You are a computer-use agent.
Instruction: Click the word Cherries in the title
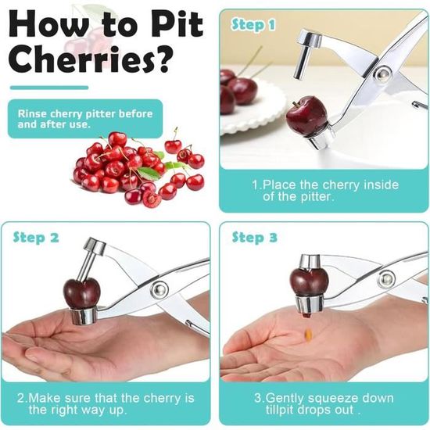point(81,59)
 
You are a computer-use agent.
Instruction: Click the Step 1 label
point(253,25)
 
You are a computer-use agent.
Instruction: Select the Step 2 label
point(36,238)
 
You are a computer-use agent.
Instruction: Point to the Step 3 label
point(255,237)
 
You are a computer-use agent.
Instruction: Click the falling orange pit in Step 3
point(309,334)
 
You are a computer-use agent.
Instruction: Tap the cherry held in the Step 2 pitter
point(82,292)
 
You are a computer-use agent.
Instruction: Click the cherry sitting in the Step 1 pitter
point(306,115)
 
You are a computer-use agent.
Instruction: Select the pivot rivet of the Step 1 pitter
point(382,73)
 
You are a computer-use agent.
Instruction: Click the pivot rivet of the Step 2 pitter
point(159,289)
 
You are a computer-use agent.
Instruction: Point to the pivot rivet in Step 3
point(387,279)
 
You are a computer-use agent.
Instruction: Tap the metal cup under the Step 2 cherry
point(84,316)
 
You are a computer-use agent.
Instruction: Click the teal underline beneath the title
point(49,88)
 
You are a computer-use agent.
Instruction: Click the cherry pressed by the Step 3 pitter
point(309,281)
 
